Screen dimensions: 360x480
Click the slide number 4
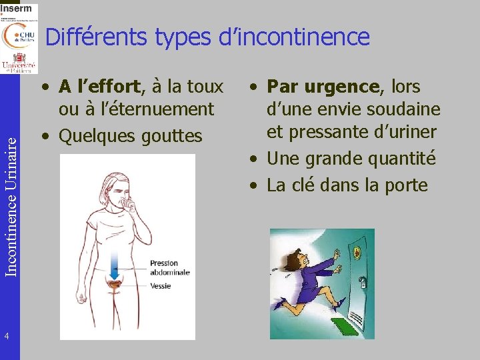(6, 335)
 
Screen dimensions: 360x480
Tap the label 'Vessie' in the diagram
(160, 286)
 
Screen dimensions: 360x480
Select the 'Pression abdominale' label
(169, 267)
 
